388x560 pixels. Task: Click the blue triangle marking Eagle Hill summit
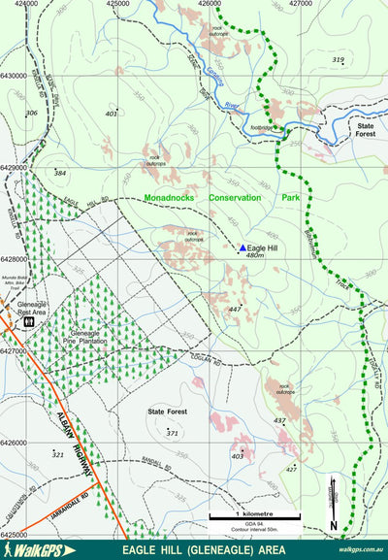[x=242, y=247]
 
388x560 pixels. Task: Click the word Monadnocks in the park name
[x=169, y=197]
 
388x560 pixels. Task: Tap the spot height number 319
[x=338, y=60]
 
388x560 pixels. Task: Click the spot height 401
[x=111, y=114]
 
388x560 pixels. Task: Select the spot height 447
[x=234, y=309]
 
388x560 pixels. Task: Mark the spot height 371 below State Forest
[x=172, y=431]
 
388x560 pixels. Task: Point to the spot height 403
[x=237, y=455]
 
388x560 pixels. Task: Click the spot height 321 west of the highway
[x=57, y=454]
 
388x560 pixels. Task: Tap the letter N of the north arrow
[x=333, y=526]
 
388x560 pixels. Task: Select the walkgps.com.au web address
[x=360, y=550]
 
